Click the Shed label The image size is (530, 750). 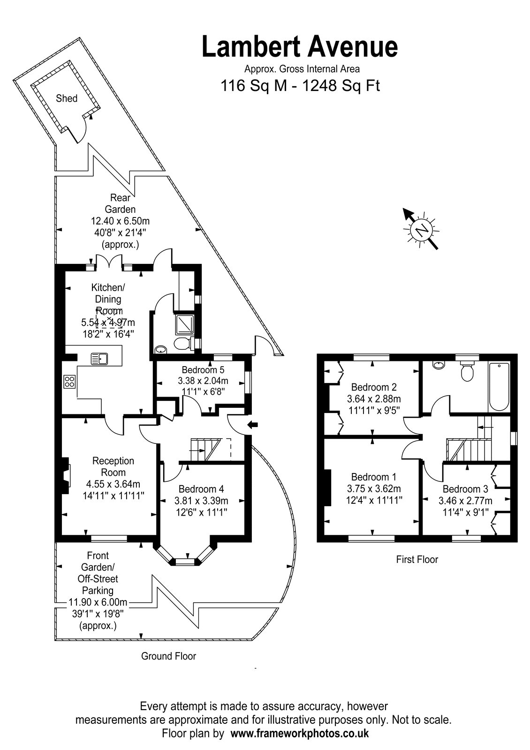[x=67, y=98]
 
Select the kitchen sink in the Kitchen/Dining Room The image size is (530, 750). [x=100, y=359]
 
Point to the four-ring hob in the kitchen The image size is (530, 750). [x=69, y=382]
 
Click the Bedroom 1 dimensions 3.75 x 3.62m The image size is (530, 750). [x=373, y=488]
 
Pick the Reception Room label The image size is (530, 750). [x=113, y=466]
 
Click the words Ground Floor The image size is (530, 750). [x=168, y=656]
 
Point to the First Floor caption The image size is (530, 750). [x=417, y=559]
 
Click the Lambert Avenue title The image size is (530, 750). [x=300, y=47]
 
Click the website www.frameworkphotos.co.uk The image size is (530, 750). [x=299, y=734]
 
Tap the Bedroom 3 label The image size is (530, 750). [x=465, y=489]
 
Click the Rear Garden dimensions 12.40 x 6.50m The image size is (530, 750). [x=120, y=221]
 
